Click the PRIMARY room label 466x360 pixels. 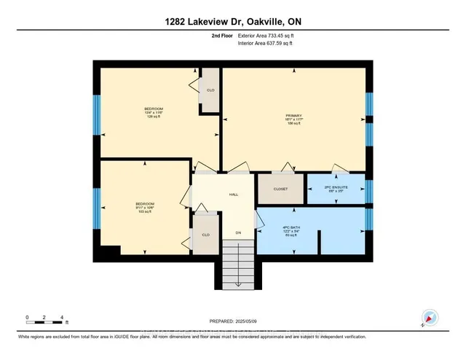(293, 115)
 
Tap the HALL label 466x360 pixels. (234, 195)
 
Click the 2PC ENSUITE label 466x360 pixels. (336, 187)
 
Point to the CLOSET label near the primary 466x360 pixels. (280, 189)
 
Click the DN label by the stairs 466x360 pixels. (237, 233)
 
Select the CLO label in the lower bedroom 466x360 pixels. (206, 235)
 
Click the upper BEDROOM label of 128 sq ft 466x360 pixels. (154, 109)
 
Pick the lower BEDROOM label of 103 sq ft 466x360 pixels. (144, 203)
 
